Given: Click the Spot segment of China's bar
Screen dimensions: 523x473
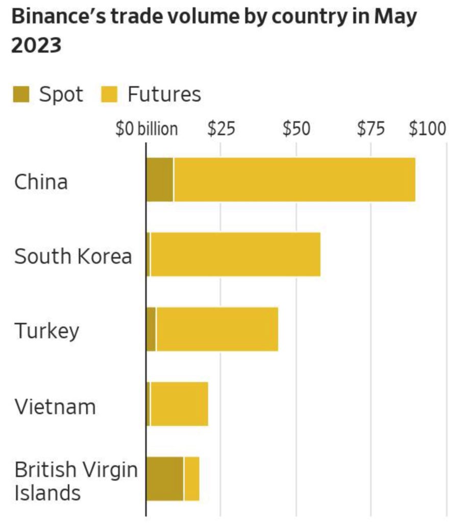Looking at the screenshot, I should (x=160, y=180).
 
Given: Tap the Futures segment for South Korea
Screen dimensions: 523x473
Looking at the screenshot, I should (x=235, y=254).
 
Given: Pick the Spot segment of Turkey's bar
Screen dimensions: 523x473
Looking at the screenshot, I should (x=151, y=329).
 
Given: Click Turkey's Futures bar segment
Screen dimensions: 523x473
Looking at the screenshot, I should (x=217, y=329).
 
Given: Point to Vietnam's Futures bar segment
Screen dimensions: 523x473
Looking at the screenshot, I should (x=179, y=404).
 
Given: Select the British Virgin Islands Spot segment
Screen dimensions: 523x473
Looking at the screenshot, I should (x=165, y=479).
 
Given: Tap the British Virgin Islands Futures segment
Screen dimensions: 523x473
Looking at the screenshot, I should (x=192, y=479).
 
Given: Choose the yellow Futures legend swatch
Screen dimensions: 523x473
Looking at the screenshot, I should (x=109, y=94).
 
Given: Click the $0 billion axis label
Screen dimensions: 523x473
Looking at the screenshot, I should (x=146, y=129).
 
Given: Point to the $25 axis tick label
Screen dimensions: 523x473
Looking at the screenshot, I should (x=221, y=129).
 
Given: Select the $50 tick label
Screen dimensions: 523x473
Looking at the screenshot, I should (x=296, y=129).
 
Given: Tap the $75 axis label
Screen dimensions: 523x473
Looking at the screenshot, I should (x=371, y=129).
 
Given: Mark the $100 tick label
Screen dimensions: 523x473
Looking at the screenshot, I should (x=427, y=129).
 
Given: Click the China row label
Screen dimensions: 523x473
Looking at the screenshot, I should (x=41, y=182).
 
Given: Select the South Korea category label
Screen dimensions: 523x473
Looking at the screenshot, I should (x=73, y=256).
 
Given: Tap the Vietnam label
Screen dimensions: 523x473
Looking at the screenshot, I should (x=55, y=407).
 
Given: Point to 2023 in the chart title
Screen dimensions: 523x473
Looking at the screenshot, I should (x=36, y=45).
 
